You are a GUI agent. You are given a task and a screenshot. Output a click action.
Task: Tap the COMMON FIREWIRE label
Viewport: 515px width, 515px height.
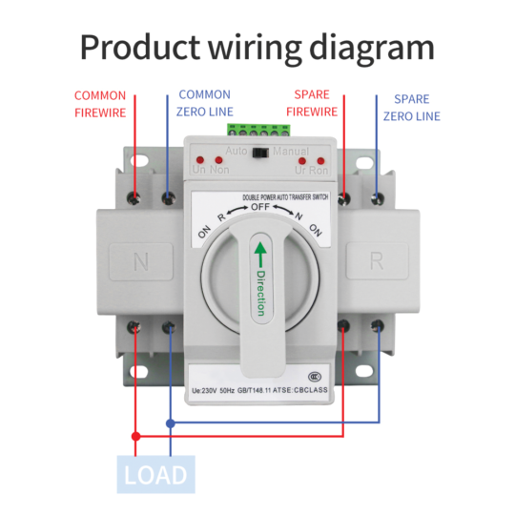tap(100, 104)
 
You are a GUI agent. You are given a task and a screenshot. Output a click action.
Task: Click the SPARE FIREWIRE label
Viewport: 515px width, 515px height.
tap(313, 104)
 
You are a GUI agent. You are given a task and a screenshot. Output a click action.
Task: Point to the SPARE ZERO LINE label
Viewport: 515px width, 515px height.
tap(412, 107)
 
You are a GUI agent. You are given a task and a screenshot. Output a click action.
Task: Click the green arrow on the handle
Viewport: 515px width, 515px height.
tap(259, 255)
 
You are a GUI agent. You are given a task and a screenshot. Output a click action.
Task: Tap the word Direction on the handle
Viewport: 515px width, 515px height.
tap(259, 293)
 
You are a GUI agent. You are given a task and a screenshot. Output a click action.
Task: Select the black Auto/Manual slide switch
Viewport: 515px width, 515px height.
tap(257, 151)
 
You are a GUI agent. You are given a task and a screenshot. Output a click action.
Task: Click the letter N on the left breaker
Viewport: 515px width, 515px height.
tap(140, 260)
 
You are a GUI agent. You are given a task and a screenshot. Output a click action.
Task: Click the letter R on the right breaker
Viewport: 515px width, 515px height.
tap(374, 260)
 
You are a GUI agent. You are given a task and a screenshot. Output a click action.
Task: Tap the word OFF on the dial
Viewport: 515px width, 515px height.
tap(259, 207)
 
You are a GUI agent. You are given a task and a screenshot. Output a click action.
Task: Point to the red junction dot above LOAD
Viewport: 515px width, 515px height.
tap(136, 437)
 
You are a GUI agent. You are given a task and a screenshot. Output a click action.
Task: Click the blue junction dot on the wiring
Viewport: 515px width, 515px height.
tap(170, 422)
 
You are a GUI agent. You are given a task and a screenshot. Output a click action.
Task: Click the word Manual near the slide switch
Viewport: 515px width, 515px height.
tap(290, 152)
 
